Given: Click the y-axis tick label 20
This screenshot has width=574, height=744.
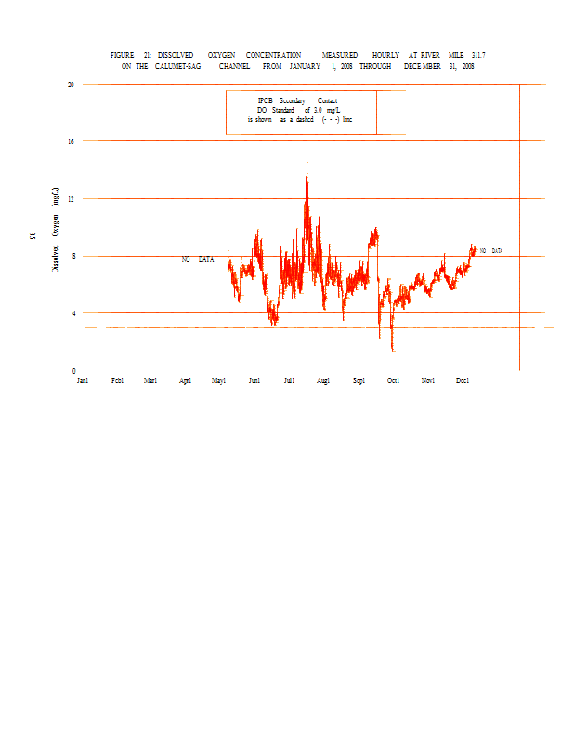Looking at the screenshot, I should [71, 85].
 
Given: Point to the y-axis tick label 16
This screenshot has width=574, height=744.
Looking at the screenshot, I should [71, 141].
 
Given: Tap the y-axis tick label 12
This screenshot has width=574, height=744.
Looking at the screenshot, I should [71, 199].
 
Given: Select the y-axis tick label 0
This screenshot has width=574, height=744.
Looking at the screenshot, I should [73, 370].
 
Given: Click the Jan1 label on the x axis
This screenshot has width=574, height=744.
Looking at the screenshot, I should [83, 380].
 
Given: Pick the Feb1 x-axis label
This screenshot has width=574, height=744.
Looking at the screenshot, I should [117, 380].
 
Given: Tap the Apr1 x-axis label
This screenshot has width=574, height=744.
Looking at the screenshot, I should [185, 380].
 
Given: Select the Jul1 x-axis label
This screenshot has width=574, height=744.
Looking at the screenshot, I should [289, 380].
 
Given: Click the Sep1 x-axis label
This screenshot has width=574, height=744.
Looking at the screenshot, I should [359, 380].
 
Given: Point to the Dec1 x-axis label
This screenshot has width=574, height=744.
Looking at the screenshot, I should [463, 380].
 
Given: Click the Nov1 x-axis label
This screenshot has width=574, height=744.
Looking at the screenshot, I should [427, 380].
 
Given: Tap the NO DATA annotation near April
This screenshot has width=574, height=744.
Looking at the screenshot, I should [198, 259].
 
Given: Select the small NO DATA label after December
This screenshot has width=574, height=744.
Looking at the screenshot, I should [491, 251].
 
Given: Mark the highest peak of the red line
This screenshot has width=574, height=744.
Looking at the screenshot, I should [307, 164].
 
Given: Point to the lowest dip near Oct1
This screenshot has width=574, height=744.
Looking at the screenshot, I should [392, 350].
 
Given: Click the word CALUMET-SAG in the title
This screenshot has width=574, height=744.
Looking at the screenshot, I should [179, 67].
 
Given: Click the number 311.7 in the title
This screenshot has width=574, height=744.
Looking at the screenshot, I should [478, 56].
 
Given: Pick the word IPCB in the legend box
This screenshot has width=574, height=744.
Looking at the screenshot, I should [265, 100].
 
